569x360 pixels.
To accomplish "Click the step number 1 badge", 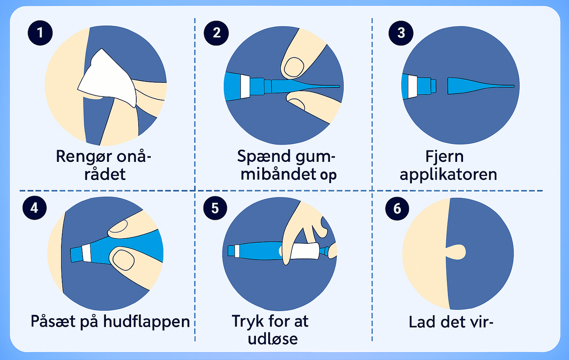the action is click(40, 33).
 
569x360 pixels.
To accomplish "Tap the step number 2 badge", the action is click(216, 33).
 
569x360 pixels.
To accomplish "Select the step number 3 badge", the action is click(401, 33).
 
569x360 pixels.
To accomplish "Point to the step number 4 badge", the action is click(35, 208).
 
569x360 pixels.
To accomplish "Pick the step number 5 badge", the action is click(215, 208).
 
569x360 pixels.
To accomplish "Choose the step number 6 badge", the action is click(397, 209).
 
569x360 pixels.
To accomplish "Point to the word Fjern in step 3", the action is click(445, 156).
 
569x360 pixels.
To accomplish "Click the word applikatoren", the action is click(449, 175).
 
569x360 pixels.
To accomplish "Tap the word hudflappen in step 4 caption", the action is click(146, 322).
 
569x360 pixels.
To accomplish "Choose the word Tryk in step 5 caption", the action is click(248, 322).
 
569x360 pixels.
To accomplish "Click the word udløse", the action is click(273, 339).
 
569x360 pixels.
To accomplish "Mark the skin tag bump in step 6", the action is click(456, 252).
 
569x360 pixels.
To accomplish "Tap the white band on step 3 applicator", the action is click(413, 87).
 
